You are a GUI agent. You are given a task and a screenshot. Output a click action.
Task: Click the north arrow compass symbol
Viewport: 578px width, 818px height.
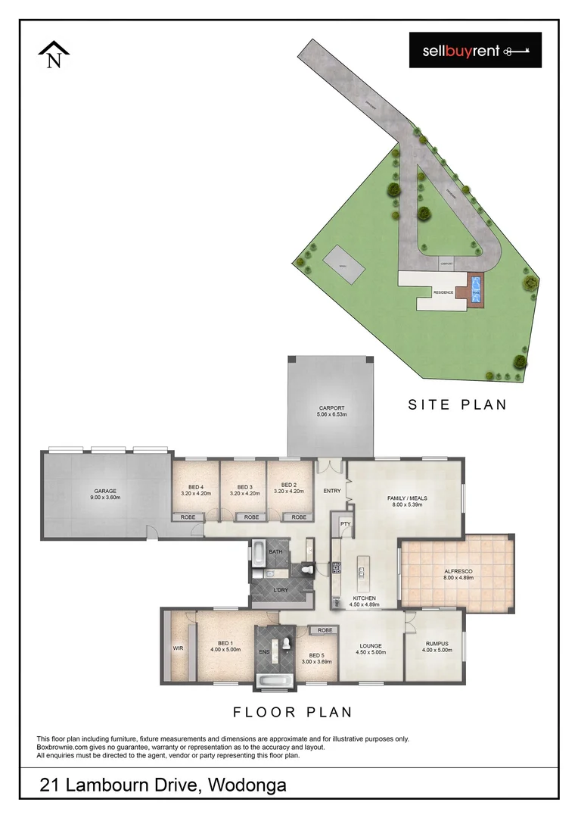[54, 55]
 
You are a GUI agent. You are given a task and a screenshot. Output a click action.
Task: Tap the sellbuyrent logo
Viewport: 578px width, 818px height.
[475, 51]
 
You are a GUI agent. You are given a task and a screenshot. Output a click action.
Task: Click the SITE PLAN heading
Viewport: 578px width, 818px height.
[457, 405]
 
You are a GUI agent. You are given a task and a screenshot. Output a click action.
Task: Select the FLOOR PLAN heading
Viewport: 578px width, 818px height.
[293, 712]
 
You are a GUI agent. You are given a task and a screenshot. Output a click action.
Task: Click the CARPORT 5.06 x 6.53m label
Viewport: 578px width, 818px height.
[331, 411]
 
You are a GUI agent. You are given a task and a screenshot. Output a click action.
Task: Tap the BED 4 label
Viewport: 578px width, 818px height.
[196, 489]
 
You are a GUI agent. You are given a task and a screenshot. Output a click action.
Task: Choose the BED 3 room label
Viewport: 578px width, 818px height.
[244, 489]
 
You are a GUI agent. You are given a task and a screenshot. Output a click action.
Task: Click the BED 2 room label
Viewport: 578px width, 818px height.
[288, 489]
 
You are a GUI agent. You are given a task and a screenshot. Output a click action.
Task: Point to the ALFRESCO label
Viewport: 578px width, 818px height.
[458, 574]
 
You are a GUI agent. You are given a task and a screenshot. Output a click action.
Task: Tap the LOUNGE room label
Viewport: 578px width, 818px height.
[371, 648]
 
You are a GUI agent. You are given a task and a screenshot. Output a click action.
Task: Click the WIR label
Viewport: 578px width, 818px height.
[179, 648]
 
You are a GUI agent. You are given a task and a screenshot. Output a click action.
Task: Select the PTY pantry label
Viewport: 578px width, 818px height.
[345, 523]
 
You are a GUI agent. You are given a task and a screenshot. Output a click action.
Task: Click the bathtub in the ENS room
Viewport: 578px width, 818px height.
[273, 682]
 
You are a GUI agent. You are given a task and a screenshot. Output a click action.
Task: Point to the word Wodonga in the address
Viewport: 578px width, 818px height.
[245, 785]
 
